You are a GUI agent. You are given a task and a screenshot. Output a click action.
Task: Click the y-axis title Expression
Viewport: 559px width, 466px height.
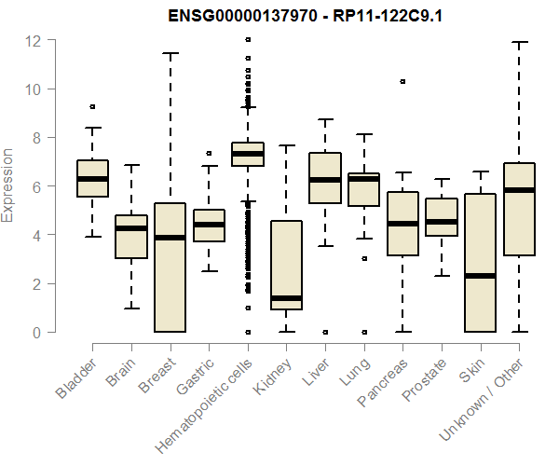point(8,185)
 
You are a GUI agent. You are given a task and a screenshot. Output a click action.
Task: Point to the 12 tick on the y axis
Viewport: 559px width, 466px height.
point(34,41)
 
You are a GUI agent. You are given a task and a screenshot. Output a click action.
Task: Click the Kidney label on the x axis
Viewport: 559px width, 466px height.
point(270,376)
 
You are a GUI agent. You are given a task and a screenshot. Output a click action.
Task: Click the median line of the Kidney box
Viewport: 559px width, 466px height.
point(286,298)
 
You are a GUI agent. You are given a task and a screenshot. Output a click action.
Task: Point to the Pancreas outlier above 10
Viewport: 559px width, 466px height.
point(402,82)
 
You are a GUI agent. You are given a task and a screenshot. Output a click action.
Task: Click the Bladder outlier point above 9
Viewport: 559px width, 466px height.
point(92,107)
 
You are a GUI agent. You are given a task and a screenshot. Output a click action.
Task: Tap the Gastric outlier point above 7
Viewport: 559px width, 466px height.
point(209,153)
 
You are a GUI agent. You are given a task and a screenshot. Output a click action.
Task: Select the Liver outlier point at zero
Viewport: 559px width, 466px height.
point(325,332)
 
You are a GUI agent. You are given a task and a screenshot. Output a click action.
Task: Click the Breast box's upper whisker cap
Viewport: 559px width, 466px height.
point(170,54)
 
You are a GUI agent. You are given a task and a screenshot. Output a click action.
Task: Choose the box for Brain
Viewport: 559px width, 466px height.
point(131,237)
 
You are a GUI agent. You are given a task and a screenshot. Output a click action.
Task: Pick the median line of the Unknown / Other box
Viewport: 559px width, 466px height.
point(519,190)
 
